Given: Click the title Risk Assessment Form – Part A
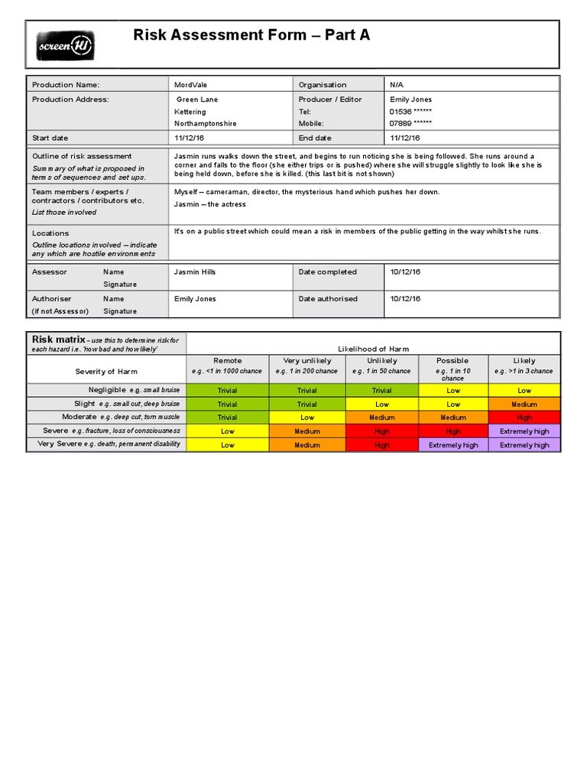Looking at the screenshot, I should click(251, 35).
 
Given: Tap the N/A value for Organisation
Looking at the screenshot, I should click(397, 85).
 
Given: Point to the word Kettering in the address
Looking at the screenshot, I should click(190, 112).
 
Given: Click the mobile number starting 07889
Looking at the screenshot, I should click(410, 123).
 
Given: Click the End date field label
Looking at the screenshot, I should click(315, 138).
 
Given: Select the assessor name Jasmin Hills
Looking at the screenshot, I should click(195, 272).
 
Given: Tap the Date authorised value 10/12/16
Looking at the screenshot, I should click(405, 299).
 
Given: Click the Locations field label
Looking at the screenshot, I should click(50, 233).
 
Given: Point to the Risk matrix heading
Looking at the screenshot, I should click(57, 339).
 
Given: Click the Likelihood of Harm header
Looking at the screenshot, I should click(373, 349).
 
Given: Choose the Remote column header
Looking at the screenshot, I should click(227, 361).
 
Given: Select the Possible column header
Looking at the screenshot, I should click(452, 361).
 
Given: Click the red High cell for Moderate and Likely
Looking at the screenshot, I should click(524, 417).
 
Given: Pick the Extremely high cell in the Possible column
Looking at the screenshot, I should click(452, 445).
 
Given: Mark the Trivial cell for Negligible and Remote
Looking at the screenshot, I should click(227, 391).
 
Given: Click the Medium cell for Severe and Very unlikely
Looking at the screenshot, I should click(307, 431).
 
